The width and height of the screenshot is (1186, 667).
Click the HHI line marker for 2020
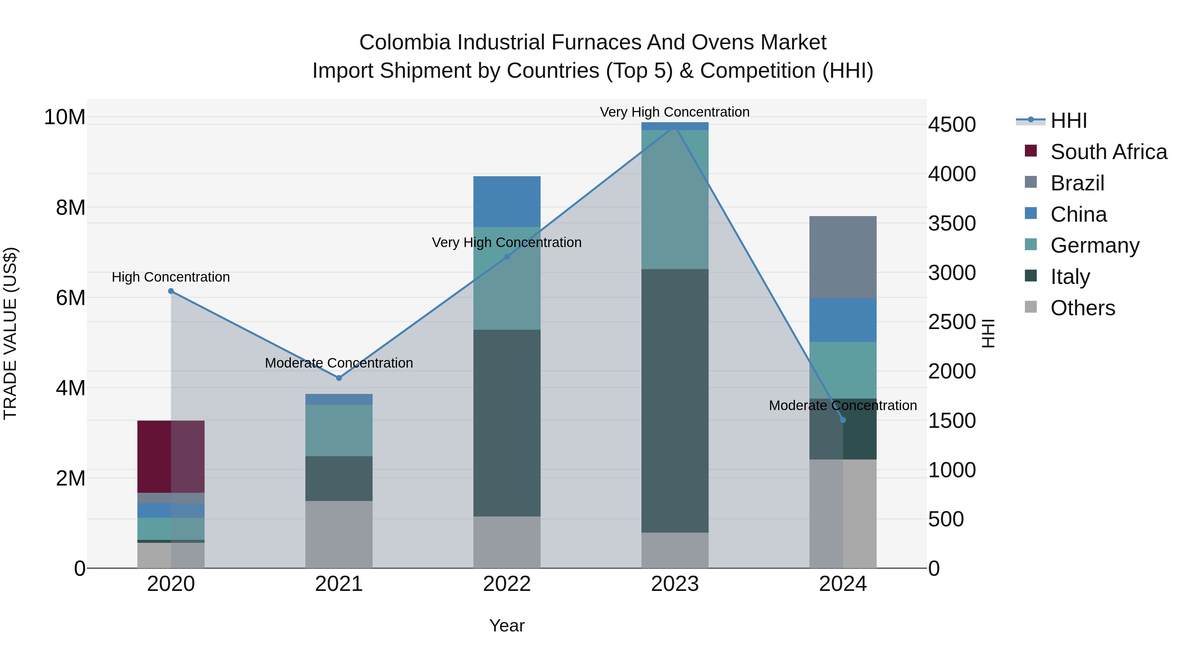[171, 291]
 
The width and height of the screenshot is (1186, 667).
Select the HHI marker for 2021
[339, 378]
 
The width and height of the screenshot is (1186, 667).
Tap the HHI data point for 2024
[843, 420]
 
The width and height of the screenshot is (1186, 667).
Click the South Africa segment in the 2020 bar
[171, 456]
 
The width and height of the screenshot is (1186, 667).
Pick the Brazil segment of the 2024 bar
[843, 257]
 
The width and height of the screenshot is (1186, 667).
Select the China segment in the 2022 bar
[507, 201]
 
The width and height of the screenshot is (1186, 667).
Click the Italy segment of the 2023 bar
[675, 401]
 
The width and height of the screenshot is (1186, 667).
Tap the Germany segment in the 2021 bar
[339, 431]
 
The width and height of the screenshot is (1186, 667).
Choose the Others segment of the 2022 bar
[507, 542]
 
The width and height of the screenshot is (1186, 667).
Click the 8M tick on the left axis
[71, 208]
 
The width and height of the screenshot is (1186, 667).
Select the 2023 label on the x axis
[675, 584]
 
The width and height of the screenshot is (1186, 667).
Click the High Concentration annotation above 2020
[171, 277]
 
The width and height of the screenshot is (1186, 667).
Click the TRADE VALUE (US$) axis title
[10, 333]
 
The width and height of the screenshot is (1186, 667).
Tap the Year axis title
[507, 625]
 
